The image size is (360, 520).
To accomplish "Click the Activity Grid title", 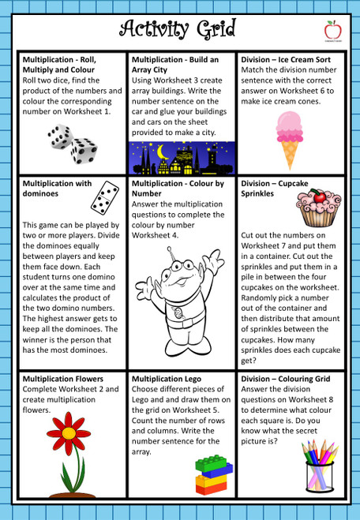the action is pos(179,29).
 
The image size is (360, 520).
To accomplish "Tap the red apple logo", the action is pos(332,29).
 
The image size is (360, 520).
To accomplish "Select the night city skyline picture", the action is pos(182,158).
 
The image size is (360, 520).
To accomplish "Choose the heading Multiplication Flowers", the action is pos(70,379).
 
